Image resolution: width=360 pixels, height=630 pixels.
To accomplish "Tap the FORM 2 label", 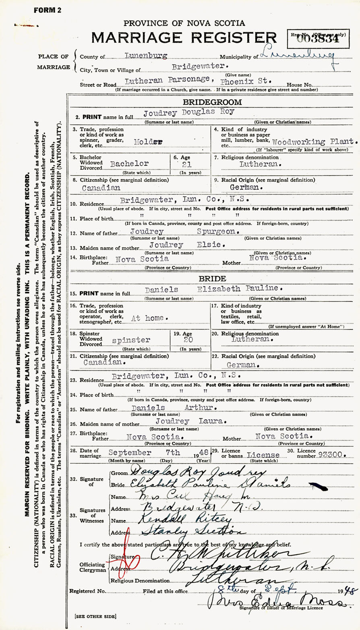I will tap(48, 10).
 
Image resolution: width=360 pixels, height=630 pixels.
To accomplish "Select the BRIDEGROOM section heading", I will tap(213, 102).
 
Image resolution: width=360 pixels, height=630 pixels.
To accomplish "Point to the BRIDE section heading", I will tap(213, 279).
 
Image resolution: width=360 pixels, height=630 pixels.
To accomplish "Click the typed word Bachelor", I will tap(129, 164).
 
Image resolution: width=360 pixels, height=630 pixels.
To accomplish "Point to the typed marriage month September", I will tap(130, 453).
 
